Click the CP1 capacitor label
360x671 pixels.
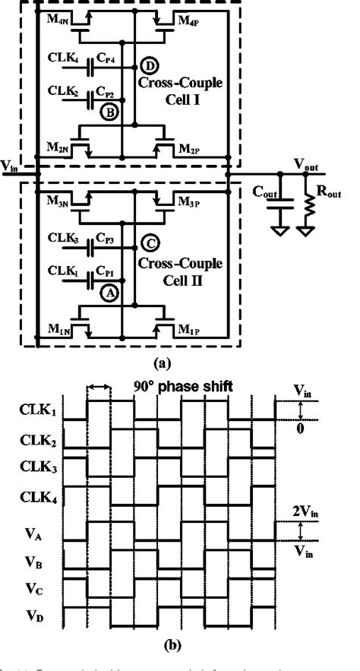pos(106,271)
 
